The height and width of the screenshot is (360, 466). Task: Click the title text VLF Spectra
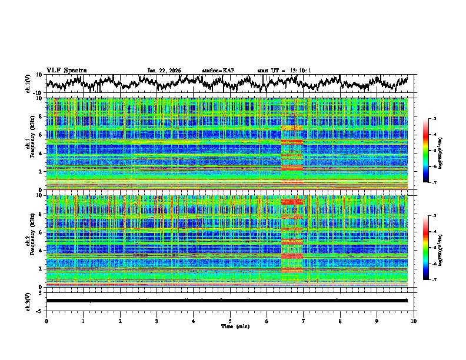[x=66, y=70]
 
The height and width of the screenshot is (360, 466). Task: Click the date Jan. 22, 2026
[x=164, y=71]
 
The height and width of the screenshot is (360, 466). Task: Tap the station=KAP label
[x=218, y=71]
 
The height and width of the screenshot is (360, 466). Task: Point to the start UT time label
[x=284, y=71]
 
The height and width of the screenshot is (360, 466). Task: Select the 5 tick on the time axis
[x=230, y=321]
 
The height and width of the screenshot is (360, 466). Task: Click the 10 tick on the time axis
[x=414, y=321]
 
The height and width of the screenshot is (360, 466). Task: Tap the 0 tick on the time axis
[x=46, y=321]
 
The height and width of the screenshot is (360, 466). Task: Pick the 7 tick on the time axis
[x=304, y=321]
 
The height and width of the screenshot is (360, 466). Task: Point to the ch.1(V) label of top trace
[x=29, y=84]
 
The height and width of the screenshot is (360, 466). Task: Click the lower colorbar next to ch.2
[x=426, y=248]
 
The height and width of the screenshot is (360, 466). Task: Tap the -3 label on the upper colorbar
[x=433, y=119]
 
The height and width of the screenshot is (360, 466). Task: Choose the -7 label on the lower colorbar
[x=433, y=280]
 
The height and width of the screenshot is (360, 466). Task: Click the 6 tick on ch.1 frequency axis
[x=42, y=135]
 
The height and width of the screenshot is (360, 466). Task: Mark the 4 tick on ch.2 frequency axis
[x=42, y=250]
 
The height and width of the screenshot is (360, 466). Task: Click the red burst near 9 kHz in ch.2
[x=292, y=202]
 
